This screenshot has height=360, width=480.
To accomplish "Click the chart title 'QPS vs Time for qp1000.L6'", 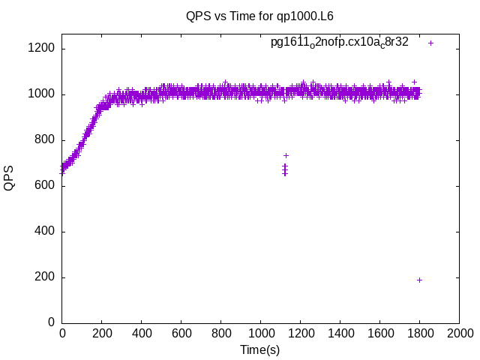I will [x=259, y=15].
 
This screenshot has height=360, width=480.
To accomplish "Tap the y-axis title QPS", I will [x=10, y=178].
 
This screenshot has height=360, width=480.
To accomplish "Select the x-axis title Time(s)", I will [x=259, y=349].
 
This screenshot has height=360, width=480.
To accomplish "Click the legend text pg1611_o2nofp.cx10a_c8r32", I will [x=340, y=43].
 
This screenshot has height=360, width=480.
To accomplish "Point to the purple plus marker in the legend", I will [x=430, y=43].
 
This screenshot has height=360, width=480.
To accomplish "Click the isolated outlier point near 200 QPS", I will [x=419, y=280].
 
